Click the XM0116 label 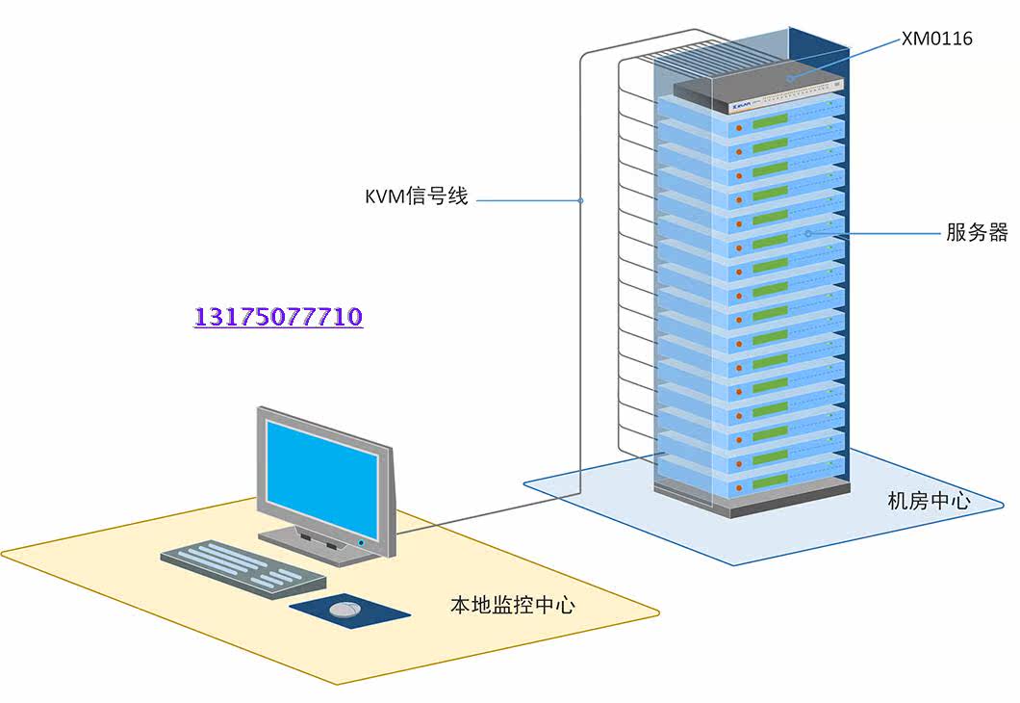[x=936, y=39]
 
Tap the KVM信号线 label [x=416, y=197]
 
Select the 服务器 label [x=976, y=232]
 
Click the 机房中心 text [x=929, y=501]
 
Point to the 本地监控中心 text [x=513, y=605]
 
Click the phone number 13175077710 [x=278, y=317]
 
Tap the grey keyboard [x=242, y=568]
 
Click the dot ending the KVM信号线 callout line [x=581, y=201]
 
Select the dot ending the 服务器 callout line [x=808, y=232]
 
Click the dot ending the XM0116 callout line [x=791, y=77]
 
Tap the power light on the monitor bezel [x=361, y=543]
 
